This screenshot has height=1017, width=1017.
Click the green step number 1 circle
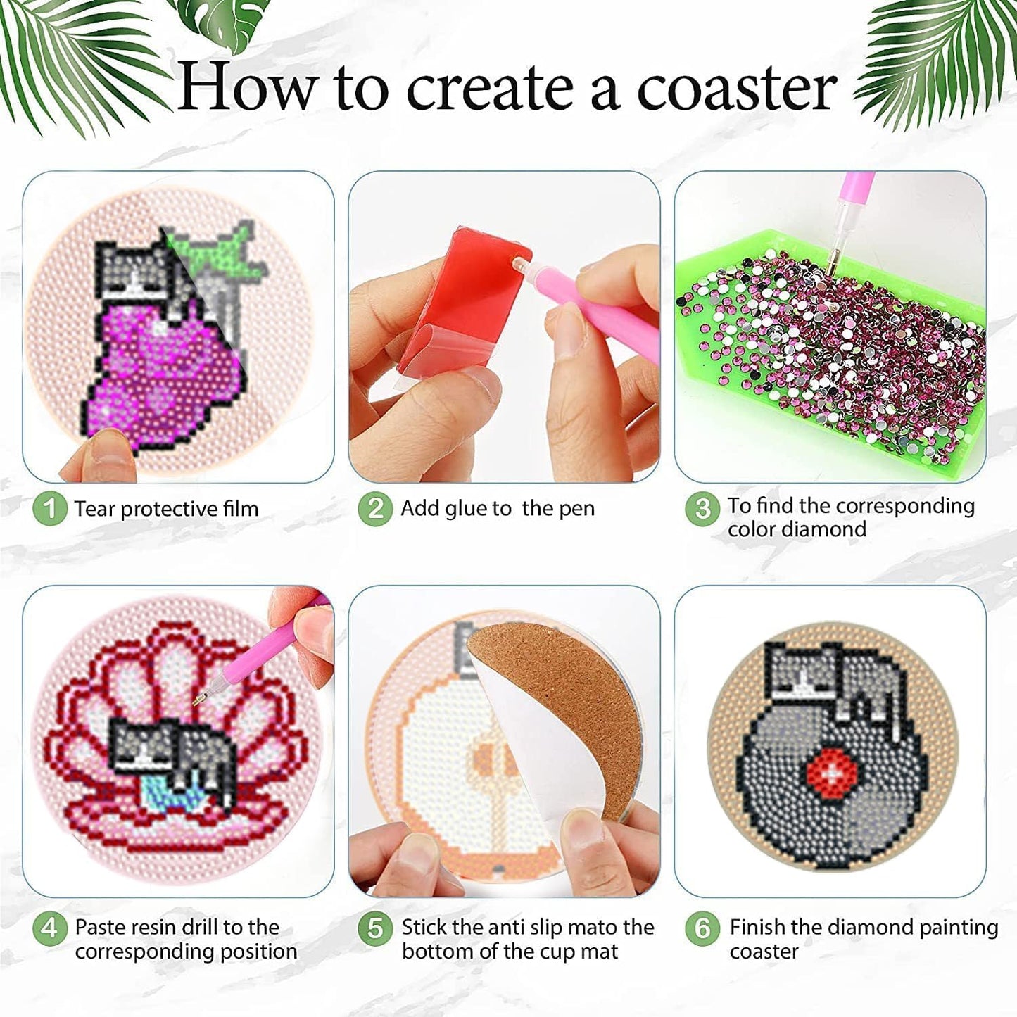coord(49,508)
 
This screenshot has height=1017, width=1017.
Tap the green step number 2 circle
coord(375,508)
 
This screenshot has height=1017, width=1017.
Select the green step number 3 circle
coord(702,508)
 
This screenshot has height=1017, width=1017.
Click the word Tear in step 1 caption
coord(96,509)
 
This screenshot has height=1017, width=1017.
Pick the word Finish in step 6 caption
coord(757,927)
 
